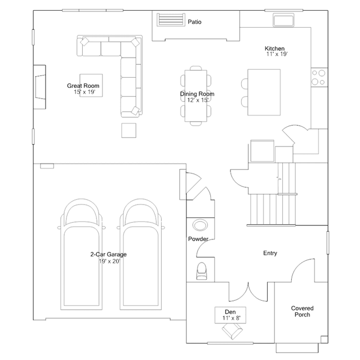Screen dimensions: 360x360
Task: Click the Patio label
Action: tap(194, 22)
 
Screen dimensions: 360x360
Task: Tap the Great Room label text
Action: tap(83, 86)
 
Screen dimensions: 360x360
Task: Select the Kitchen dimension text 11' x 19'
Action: tap(277, 54)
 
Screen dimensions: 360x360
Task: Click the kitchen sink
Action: tap(283, 20)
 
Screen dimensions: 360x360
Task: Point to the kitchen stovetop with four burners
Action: tap(319, 77)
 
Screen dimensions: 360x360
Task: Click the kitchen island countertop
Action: tap(264, 92)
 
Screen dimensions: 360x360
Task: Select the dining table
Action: tap(196, 96)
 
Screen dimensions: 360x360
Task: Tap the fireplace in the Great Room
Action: tap(40, 87)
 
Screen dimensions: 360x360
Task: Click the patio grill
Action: tap(171, 20)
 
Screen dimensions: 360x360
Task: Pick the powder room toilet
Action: tap(202, 271)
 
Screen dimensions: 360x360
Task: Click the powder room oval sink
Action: tap(200, 225)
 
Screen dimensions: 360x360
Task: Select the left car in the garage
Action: tap(82, 255)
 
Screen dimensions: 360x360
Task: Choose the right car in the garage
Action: tap(141, 255)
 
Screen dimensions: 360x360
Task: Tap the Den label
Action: tap(230, 312)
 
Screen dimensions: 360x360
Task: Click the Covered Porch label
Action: tap(302, 312)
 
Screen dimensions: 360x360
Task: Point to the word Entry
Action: tap(270, 253)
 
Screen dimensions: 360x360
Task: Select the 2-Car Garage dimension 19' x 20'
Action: tap(109, 261)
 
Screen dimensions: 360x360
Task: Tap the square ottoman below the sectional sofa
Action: tap(129, 130)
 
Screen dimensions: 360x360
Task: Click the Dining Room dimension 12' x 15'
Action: tap(198, 100)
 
